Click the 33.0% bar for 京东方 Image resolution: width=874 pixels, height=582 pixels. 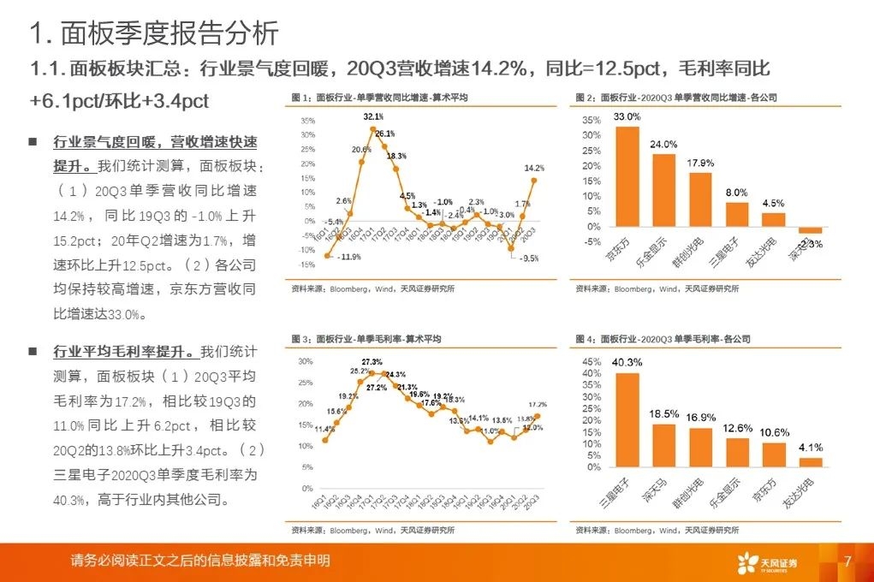[x=628, y=176]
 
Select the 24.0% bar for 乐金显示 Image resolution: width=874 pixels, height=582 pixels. [x=664, y=190]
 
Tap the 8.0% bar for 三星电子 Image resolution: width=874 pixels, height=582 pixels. [x=737, y=215]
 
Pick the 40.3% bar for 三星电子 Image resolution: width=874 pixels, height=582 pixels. [x=628, y=420]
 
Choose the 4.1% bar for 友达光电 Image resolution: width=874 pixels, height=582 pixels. [x=811, y=462]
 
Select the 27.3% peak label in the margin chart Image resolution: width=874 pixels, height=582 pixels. [x=371, y=362]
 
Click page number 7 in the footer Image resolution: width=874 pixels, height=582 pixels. [x=847, y=561]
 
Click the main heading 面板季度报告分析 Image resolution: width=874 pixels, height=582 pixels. [x=154, y=33]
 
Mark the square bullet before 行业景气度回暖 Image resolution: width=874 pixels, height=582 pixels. [x=33, y=141]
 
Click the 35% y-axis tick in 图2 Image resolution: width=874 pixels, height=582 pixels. [x=591, y=120]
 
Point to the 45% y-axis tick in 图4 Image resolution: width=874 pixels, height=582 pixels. [x=591, y=360]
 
